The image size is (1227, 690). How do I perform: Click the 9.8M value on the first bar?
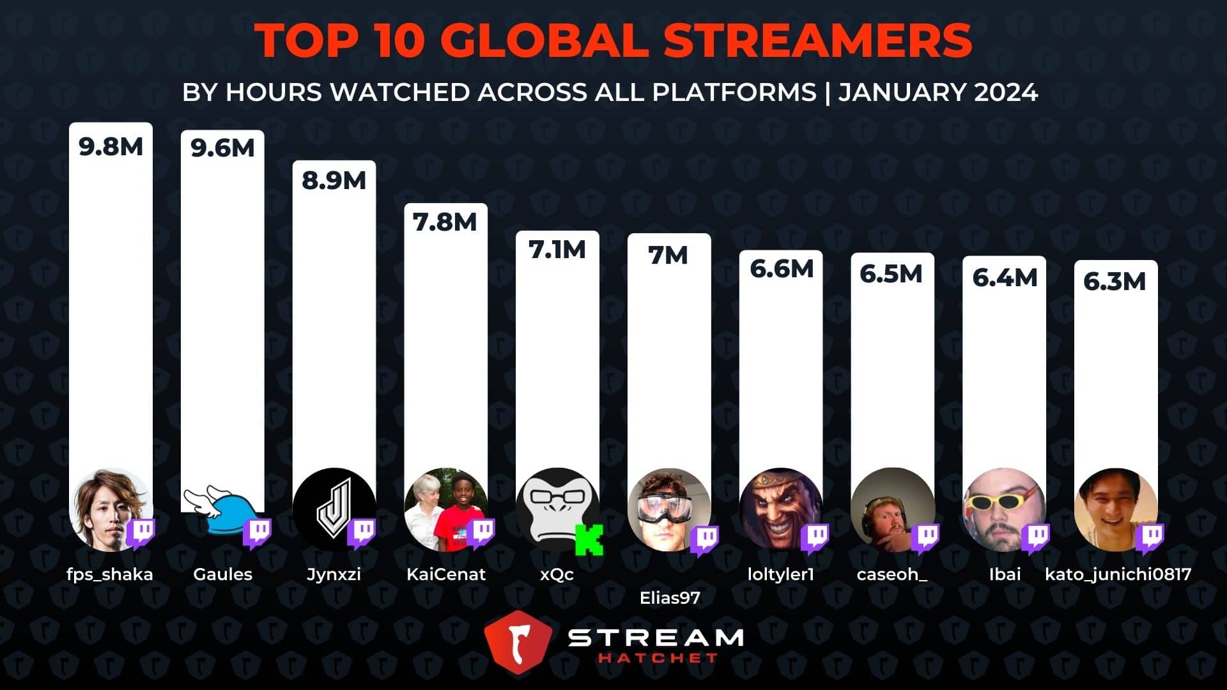point(111,147)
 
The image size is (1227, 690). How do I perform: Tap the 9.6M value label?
point(222,148)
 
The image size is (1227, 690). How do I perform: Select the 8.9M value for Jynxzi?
point(334,181)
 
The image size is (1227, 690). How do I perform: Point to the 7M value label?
point(668,256)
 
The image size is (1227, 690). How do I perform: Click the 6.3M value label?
point(1115,282)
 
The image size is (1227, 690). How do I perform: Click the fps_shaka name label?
point(110,574)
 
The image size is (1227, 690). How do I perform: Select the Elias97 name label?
point(670,598)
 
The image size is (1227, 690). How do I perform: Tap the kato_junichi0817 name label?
point(1118,574)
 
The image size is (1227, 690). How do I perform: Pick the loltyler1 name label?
point(781,574)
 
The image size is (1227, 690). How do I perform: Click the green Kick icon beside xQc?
point(589,539)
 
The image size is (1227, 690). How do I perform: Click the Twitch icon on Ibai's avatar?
point(1035,539)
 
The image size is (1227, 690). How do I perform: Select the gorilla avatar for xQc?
point(553,508)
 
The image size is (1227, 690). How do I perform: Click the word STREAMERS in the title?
point(817,41)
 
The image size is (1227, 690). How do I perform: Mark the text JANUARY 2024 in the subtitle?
point(938,93)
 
